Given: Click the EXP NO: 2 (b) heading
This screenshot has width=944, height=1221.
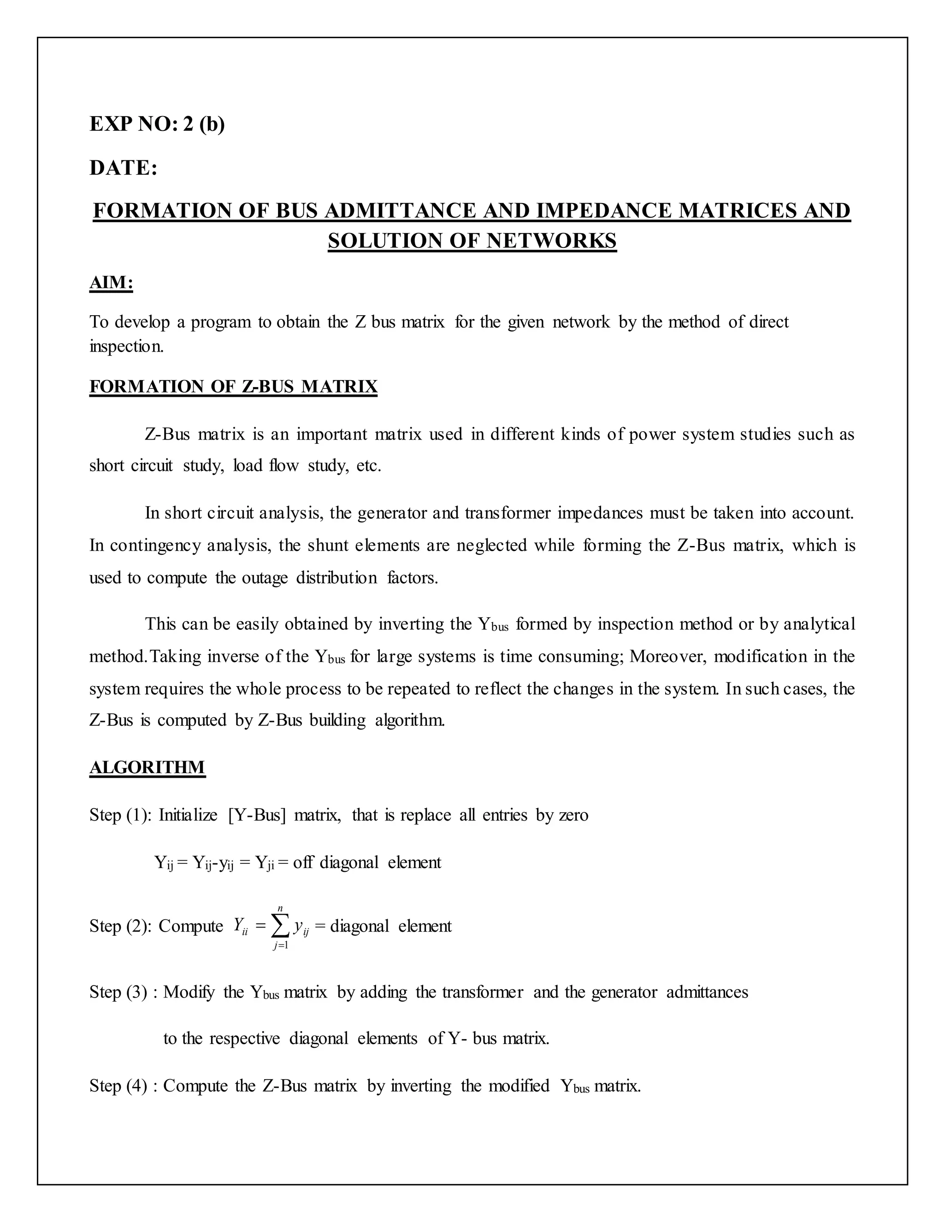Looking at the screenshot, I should coord(157,123).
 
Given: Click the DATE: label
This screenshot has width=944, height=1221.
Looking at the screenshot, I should coord(124,168).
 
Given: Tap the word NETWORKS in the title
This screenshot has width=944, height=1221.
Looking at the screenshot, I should coord(551,241).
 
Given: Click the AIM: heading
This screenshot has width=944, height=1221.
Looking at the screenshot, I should coord(111,283).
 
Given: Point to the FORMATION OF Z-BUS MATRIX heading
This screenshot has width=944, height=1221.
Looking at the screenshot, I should coord(233,386).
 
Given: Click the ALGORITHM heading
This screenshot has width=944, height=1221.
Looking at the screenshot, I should coord(147,767).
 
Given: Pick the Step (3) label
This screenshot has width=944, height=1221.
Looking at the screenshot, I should coord(118,992).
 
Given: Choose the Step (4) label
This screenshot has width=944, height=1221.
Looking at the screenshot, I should coord(118,1086).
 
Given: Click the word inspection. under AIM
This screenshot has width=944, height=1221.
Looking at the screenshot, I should coord(127,346).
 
